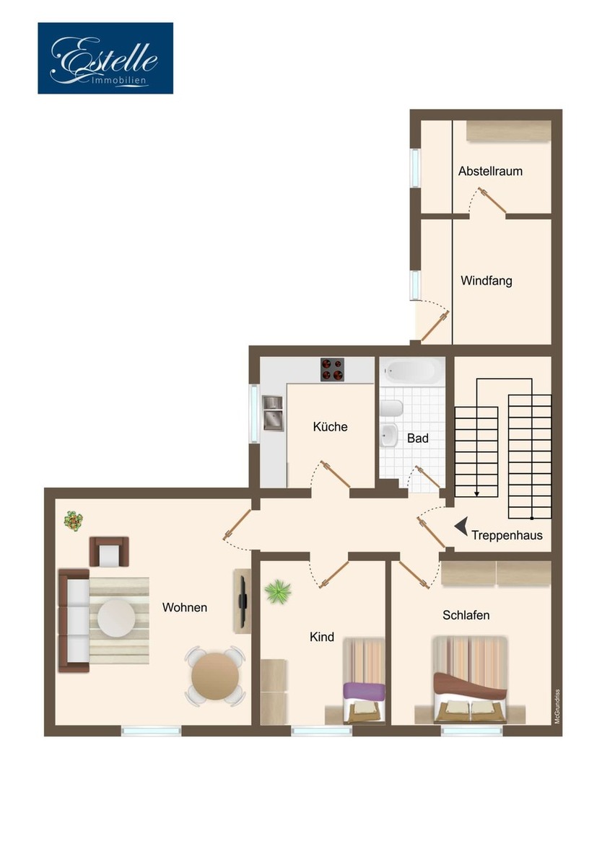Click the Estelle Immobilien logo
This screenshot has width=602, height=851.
105,58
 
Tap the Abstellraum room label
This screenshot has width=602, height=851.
490,172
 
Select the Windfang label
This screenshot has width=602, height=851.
487,281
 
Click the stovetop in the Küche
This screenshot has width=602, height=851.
332,370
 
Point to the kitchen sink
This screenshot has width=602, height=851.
274,413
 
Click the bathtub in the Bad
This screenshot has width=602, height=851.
413,371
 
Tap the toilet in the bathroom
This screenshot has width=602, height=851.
388,410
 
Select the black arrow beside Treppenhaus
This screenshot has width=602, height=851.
460,527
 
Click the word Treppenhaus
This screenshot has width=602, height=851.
507,536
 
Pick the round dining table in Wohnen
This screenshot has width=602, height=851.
216,674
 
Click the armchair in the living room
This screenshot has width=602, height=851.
109,552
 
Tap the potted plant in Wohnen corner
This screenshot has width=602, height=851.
73,519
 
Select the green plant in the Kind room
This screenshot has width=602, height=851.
277,592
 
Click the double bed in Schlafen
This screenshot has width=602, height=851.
470,679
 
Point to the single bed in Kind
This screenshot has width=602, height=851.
364,682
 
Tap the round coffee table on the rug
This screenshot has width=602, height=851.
116,618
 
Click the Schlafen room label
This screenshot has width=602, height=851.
466,615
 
